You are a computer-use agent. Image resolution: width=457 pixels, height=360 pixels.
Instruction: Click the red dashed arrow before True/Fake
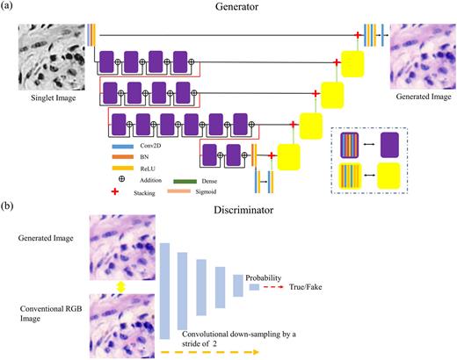coord(279,287)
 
